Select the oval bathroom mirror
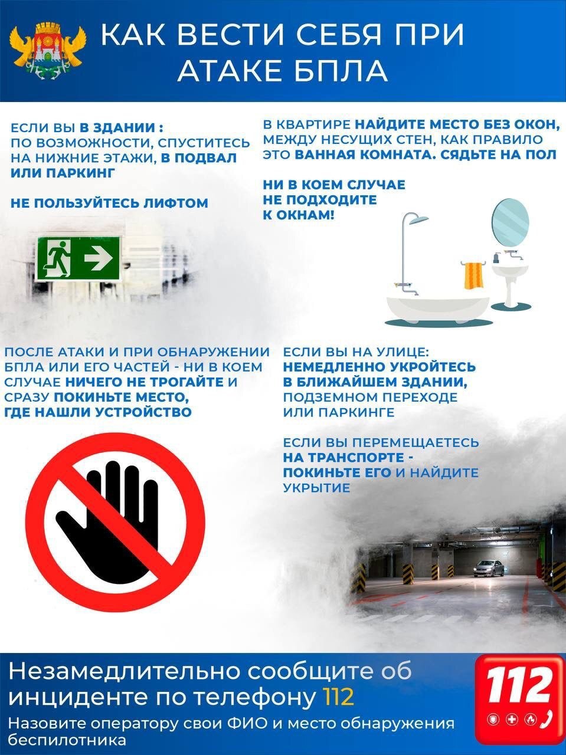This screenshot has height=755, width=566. (x=510, y=222)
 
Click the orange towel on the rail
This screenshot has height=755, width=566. (x=474, y=275)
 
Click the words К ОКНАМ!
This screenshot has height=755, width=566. (x=298, y=215)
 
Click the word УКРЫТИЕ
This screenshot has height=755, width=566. (x=316, y=488)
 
